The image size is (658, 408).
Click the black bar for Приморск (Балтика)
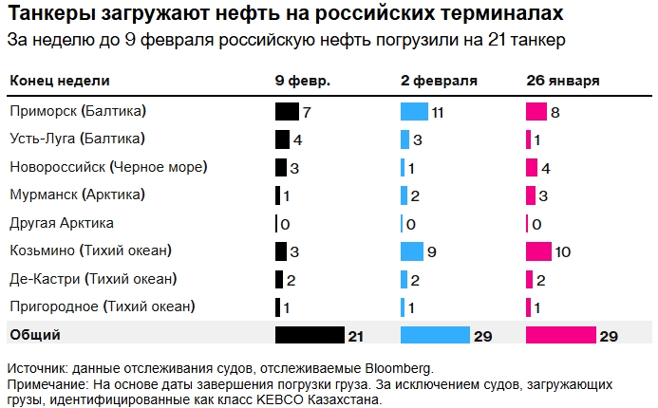287,111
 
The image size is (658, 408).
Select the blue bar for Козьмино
411,251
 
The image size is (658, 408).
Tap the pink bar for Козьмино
538,251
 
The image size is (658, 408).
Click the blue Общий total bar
435,335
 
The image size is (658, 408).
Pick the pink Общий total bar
560,335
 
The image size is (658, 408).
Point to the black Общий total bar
309,335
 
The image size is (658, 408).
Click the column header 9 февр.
302,82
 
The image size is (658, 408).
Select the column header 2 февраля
439,82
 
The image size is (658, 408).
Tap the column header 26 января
562,82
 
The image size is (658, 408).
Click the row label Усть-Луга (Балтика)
77,139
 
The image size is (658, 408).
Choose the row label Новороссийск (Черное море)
108,167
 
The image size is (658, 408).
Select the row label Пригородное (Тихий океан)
102,306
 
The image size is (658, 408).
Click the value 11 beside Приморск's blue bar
438,112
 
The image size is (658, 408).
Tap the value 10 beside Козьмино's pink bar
564,252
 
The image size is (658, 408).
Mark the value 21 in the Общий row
356,336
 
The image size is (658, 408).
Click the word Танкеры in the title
48,15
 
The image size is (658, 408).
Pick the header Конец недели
59,82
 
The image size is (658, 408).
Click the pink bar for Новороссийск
532,167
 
